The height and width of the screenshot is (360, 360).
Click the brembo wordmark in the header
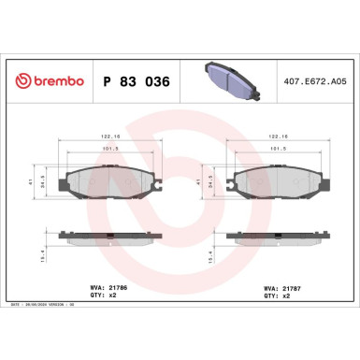tap(44, 82)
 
